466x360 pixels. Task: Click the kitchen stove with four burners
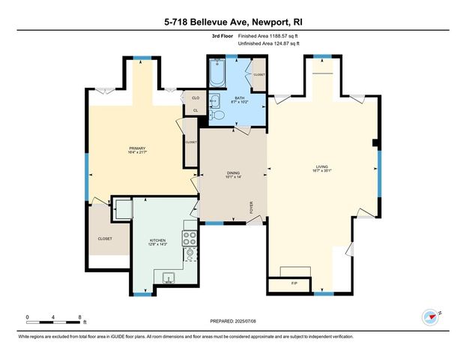(x=190, y=238)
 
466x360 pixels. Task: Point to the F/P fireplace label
(x=294, y=283)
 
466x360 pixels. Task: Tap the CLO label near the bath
(x=196, y=98)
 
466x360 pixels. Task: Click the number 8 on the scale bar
(x=79, y=316)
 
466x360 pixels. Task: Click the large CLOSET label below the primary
(x=105, y=238)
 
